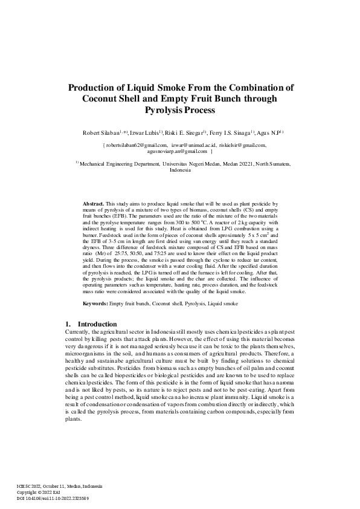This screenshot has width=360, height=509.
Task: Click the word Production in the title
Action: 95,86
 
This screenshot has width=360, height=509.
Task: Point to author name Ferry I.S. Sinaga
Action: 233,132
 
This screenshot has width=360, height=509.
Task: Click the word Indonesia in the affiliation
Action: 180,170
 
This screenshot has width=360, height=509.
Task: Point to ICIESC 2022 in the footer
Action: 29,487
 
